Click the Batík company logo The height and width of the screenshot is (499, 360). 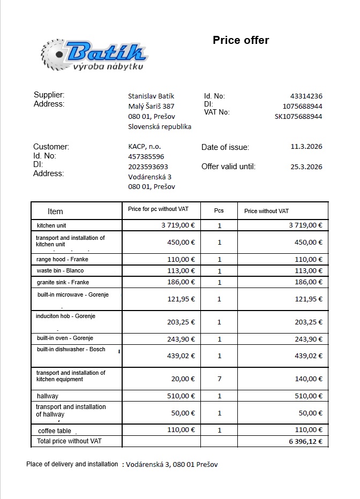pos(94,55)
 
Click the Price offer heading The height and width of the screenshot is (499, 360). pos(241,40)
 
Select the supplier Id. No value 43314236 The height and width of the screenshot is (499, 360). pos(306,96)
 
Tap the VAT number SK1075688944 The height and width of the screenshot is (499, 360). pos(298,116)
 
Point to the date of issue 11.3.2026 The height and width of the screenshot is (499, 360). pos(306,146)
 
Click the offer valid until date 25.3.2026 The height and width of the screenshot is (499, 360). pos(306,167)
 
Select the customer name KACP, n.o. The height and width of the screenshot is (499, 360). pos(145,146)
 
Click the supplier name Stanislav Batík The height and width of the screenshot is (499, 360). pos(151,96)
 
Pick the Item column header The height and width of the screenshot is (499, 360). pos(55,211)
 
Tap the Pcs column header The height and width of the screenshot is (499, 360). pos(219,211)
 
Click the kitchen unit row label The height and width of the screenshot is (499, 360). pos(51,226)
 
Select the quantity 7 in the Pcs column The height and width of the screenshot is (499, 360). pos(219,379)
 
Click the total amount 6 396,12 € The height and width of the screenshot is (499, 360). pos(305,442)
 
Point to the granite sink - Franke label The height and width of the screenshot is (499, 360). pos(63,282)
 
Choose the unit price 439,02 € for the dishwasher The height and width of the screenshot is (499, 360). pos(181,356)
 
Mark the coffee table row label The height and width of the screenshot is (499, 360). pos(54,430)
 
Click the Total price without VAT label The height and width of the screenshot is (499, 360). pos(69,441)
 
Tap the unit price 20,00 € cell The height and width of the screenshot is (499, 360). pos(184,379)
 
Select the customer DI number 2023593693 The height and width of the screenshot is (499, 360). pos(148,167)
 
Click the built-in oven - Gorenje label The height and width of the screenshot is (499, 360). pos(65,338)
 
